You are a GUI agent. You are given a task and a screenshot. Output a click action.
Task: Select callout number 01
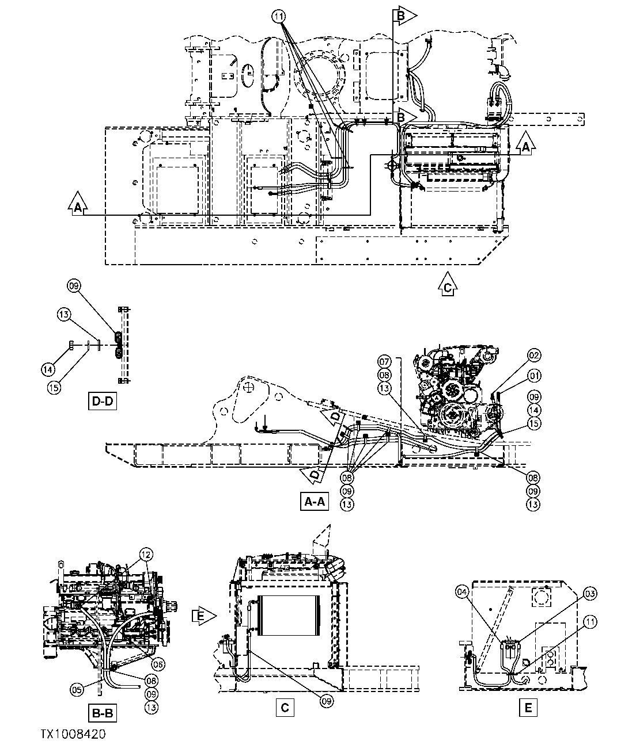[533, 376]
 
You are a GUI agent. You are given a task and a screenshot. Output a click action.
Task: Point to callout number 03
[589, 593]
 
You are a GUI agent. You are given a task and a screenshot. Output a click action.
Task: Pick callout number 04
[461, 591]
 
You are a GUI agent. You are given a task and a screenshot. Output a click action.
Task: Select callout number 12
[146, 554]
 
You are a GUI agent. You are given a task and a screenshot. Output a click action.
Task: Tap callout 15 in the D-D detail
[54, 387]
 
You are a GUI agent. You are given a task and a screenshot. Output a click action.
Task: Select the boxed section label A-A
[313, 502]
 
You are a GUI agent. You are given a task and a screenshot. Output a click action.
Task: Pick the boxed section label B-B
[103, 714]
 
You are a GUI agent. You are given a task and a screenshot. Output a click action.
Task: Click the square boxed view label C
[285, 707]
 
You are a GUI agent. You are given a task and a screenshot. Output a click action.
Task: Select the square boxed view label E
[528, 707]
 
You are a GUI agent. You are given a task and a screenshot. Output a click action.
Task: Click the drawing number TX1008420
[73, 734]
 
